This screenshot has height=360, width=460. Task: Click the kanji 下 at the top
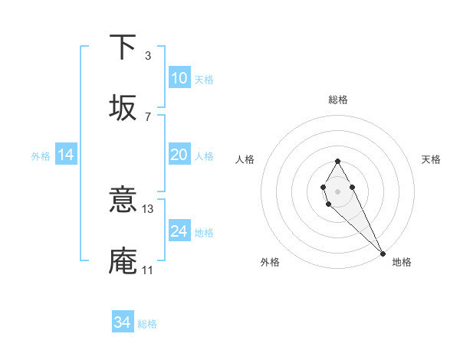(123, 47)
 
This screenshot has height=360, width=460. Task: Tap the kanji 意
(123, 201)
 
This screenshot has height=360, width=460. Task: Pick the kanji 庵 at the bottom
(123, 260)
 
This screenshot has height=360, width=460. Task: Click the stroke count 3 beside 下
(148, 56)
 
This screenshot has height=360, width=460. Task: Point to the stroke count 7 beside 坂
(148, 116)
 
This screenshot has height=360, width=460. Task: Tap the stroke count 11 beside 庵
(148, 270)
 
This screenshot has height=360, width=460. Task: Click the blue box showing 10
(179, 78)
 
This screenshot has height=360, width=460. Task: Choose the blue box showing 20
(179, 155)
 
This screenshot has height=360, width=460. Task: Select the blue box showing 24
(179, 231)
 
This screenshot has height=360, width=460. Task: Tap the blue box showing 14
(66, 155)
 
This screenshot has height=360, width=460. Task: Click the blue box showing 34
(123, 322)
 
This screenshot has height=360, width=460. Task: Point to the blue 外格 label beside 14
(41, 155)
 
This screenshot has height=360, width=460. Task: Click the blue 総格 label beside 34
(147, 323)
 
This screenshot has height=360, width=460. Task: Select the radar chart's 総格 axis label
(337, 100)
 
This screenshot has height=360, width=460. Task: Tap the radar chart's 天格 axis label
(431, 159)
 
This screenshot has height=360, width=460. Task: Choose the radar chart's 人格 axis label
(245, 159)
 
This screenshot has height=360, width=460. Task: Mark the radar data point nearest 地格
(383, 254)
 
